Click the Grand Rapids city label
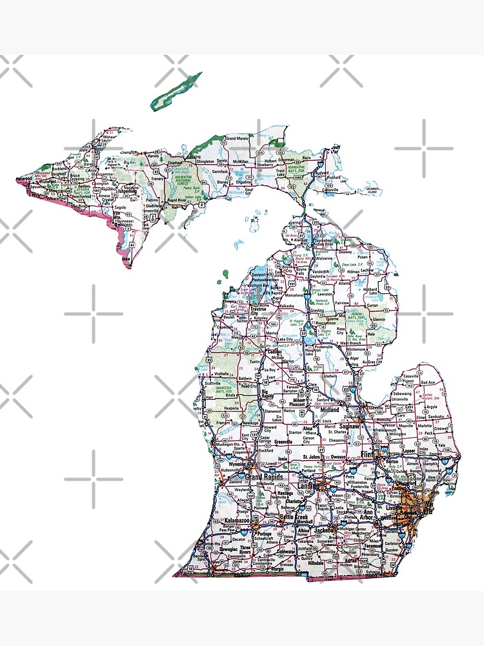pos(265,477)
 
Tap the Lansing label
pos(308,486)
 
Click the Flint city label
pos(367,455)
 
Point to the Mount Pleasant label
pos(299,402)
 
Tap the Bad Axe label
pos(428,382)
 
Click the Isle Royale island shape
pos(176,91)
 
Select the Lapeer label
pos(408,451)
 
